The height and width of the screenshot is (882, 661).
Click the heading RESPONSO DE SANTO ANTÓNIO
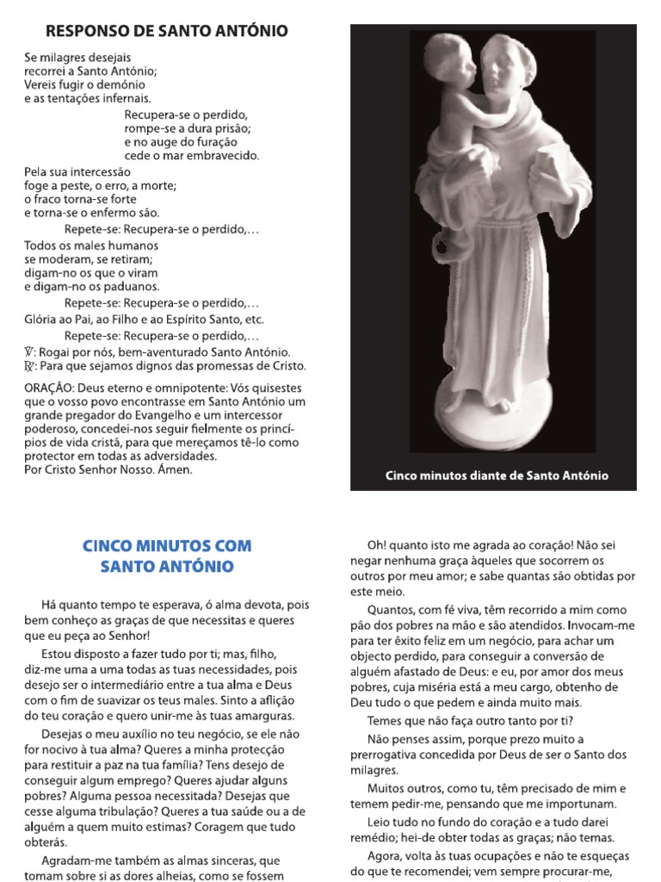(x=166, y=32)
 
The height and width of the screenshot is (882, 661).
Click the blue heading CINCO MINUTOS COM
(x=166, y=546)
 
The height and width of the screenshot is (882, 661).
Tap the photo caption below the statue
(x=497, y=475)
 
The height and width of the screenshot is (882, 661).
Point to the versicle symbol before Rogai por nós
(x=30, y=353)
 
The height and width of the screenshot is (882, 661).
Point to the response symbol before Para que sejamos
(x=30, y=366)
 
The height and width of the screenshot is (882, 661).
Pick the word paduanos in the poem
(x=129, y=287)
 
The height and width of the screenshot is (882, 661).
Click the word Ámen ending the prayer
(x=176, y=470)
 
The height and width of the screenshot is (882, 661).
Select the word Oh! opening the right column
(x=377, y=545)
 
